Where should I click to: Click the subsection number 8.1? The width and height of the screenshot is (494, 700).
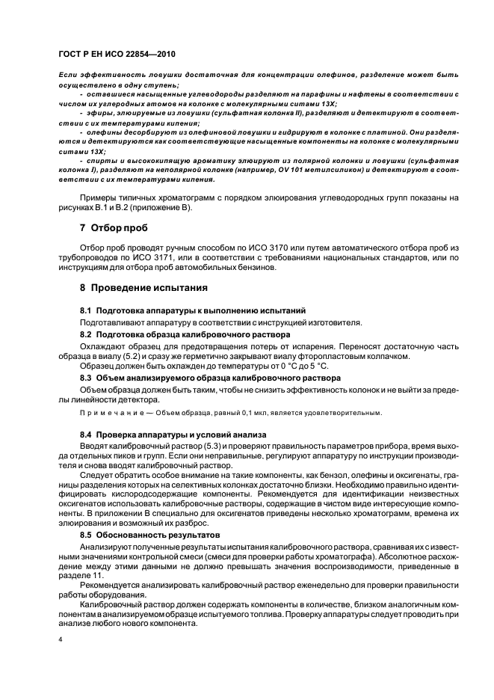point(86,310)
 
